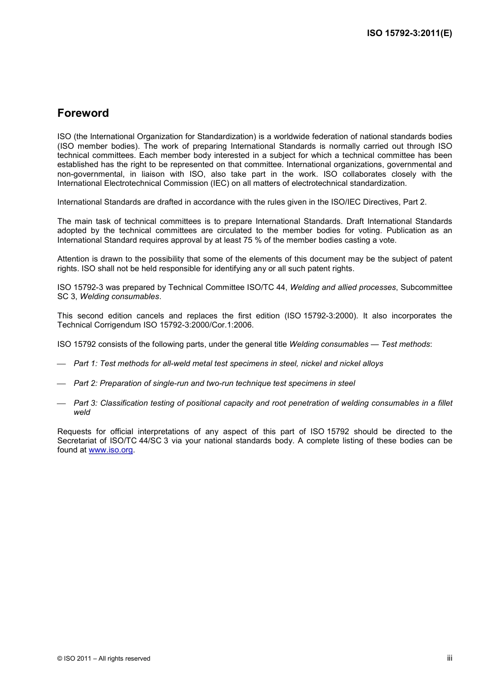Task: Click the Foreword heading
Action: pos(83,113)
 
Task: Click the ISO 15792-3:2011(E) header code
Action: pos(409,34)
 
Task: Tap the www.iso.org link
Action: pos(111,450)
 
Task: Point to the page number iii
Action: pos(450,658)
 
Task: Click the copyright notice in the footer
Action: pos(104,659)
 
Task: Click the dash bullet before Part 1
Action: pos(61,364)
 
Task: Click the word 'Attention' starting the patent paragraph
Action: pos(73,259)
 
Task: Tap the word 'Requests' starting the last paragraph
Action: pos(74,432)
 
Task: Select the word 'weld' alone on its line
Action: pos(82,412)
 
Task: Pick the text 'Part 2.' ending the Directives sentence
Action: pos(415,202)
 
